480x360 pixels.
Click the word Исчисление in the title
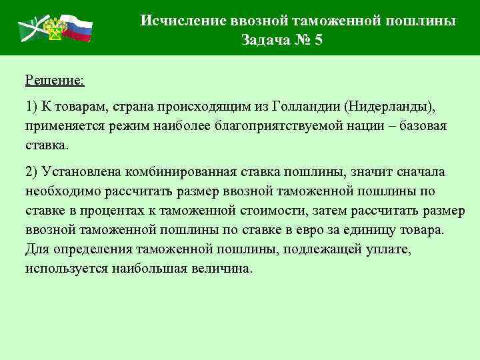(174, 21)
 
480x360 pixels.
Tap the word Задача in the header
(265, 40)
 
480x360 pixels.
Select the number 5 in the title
(318, 40)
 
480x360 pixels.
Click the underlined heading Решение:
(55, 81)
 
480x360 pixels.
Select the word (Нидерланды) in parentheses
(389, 107)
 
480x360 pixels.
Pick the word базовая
(424, 126)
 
